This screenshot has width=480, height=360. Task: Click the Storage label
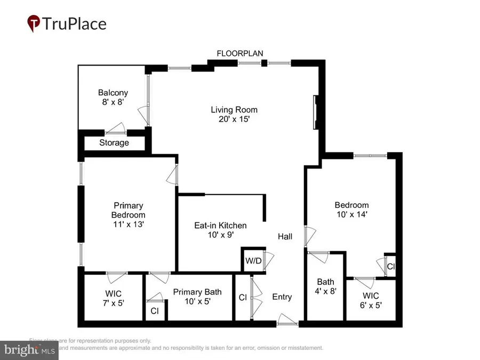point(114,143)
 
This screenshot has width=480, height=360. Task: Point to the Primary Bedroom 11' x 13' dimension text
point(128,225)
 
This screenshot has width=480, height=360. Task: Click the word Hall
point(285,236)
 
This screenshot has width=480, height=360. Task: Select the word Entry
point(282,297)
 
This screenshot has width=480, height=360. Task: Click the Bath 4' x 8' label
point(325,286)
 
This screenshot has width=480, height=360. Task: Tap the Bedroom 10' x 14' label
point(351,210)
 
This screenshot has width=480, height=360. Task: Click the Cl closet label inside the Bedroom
point(390,266)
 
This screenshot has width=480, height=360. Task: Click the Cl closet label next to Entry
point(243,298)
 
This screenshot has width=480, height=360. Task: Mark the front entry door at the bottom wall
point(287,322)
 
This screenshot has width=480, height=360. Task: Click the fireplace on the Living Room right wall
point(315,112)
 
